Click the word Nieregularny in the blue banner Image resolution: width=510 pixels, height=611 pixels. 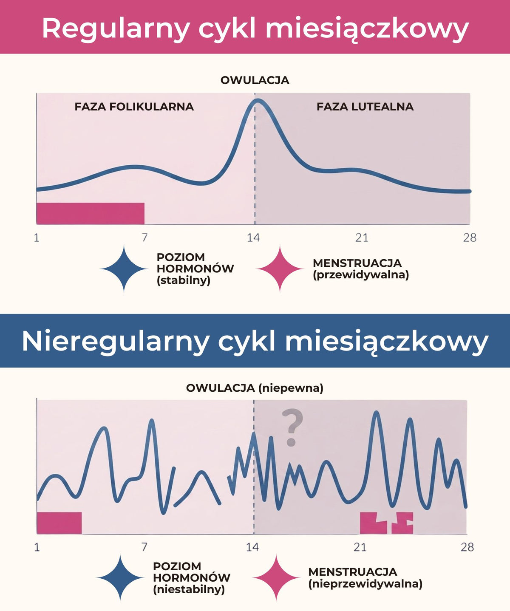(115, 342)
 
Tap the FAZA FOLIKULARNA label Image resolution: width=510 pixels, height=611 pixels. (134, 107)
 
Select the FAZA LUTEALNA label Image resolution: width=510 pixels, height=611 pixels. (365, 107)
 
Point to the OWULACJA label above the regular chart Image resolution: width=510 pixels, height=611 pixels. (255, 80)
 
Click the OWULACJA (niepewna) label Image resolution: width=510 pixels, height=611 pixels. (255, 388)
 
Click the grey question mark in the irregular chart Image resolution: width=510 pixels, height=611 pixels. (292, 427)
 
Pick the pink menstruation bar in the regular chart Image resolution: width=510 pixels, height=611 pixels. (91, 213)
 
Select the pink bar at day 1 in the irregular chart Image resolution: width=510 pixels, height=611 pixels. (59, 523)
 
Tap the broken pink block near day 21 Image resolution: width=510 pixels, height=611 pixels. (386, 523)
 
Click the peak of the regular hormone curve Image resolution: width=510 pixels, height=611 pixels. (258, 100)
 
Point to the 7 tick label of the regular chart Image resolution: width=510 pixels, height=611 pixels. (144, 238)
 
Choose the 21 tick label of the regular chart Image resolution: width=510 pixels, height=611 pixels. (362, 238)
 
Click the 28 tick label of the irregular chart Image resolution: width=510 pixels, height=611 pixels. (467, 547)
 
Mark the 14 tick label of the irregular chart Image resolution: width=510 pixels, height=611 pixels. (252, 547)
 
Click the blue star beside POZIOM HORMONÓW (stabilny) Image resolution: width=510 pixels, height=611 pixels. (124, 269)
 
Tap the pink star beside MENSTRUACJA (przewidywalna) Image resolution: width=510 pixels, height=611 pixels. (280, 269)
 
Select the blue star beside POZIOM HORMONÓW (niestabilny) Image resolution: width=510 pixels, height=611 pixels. (120, 578)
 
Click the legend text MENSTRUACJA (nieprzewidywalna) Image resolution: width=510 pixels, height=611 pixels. (365, 578)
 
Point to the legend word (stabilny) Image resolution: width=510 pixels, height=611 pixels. (184, 280)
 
